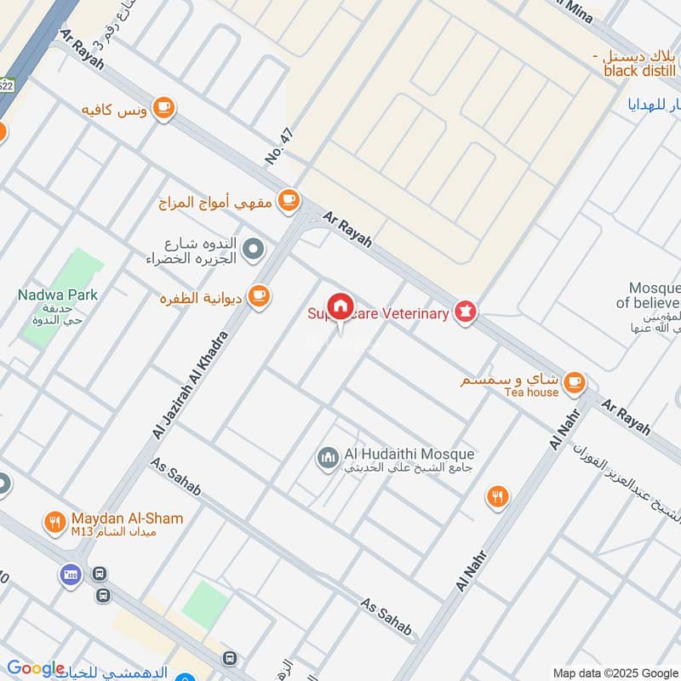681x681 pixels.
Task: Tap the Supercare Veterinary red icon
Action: coord(465,312)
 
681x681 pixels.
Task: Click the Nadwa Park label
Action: coord(58,295)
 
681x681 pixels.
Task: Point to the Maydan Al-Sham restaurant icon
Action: coord(55,522)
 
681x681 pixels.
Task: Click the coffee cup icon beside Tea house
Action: coord(575,380)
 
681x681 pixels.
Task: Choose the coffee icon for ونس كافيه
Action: coord(164,108)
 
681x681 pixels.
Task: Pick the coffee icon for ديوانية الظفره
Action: coord(260,296)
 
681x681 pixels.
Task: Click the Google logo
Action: coord(35,669)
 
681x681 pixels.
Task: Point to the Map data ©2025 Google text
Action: coord(615,672)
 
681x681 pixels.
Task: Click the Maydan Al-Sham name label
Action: coord(128,518)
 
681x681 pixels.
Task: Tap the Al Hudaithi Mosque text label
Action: coord(409,455)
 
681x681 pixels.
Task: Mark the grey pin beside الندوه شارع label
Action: coord(253,249)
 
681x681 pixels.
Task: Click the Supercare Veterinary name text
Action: coord(378,314)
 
